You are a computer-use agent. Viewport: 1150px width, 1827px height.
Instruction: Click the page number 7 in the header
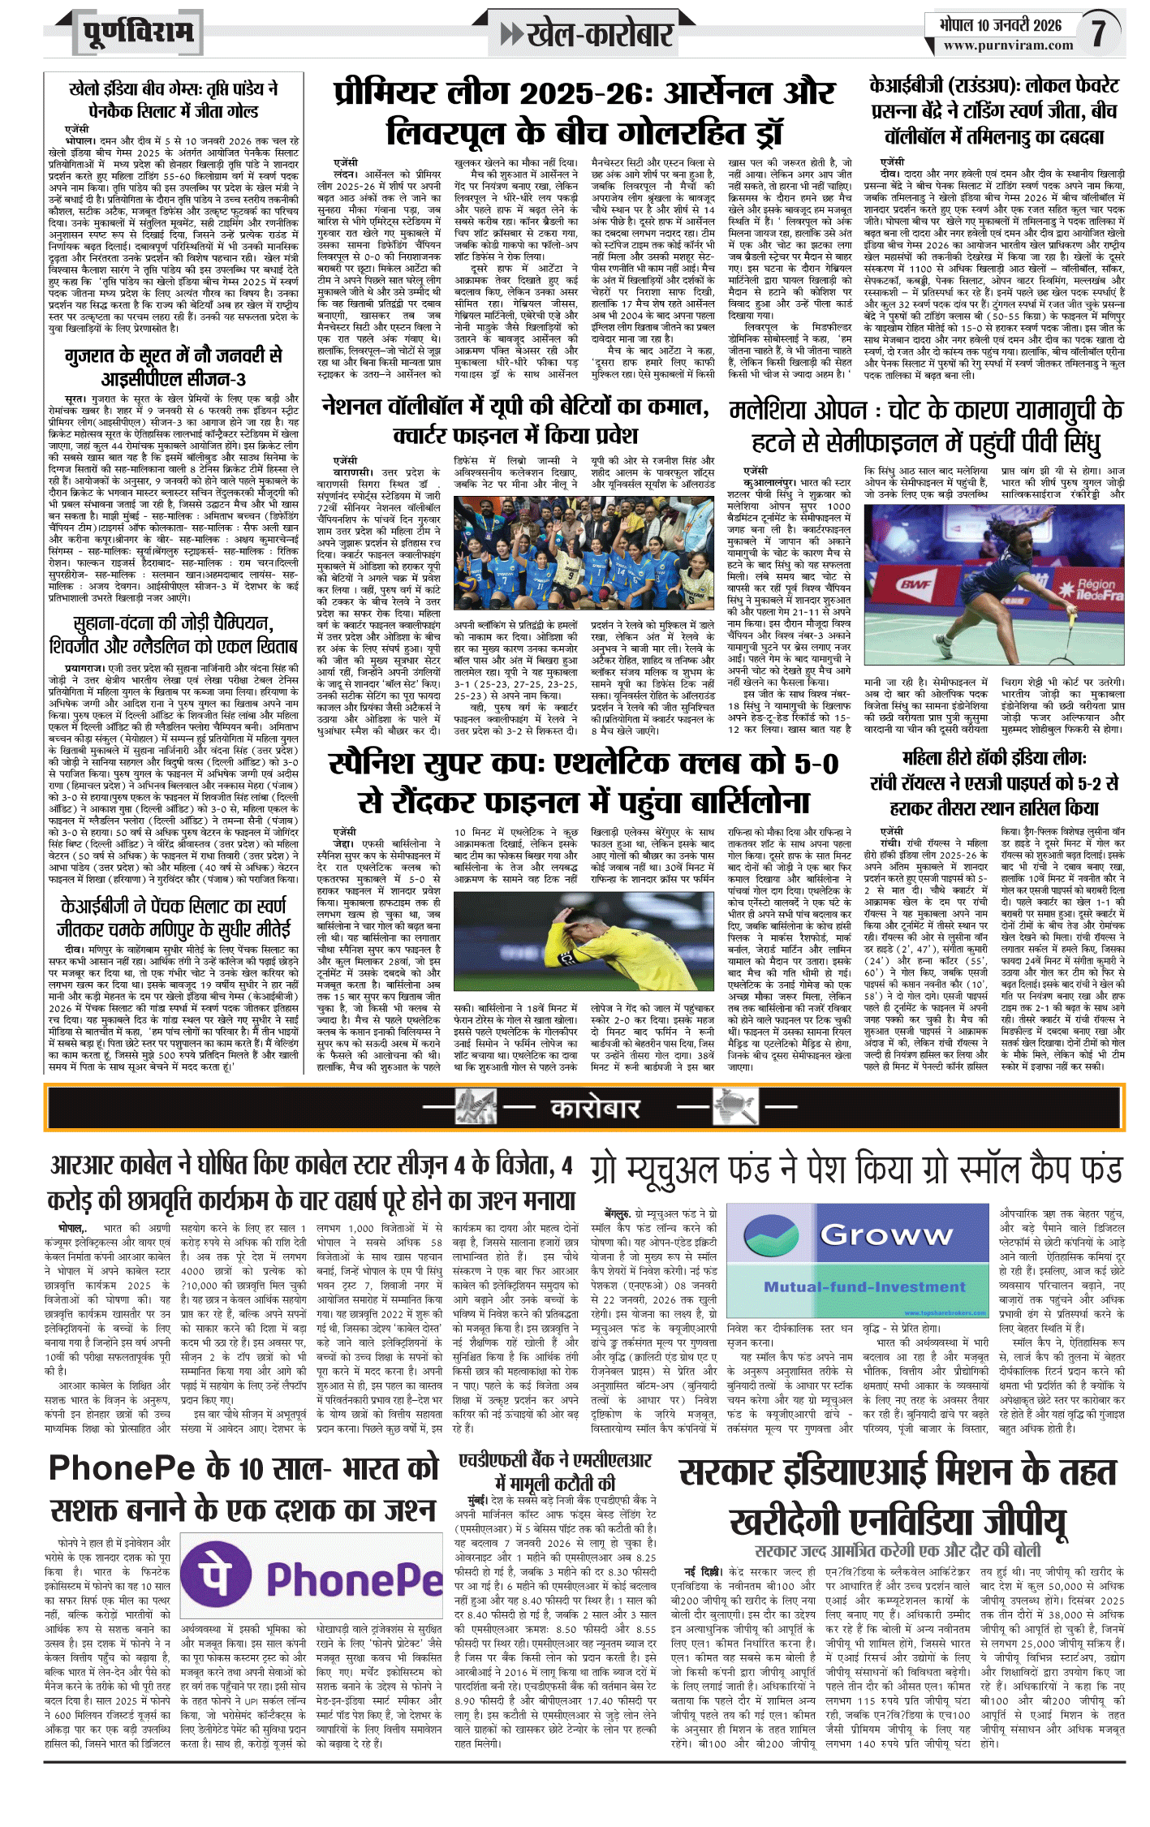[x=1098, y=32]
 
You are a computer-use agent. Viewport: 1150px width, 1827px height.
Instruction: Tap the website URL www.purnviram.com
[x=1008, y=46]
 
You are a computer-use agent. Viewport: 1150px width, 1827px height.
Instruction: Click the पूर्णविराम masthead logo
[x=138, y=32]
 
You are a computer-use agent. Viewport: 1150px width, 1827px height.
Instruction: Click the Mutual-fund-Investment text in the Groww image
[x=864, y=1286]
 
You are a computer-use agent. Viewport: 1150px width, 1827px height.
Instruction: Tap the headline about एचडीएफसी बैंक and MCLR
[x=555, y=1471]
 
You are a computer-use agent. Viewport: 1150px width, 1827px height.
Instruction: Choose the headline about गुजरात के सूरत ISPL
[x=174, y=367]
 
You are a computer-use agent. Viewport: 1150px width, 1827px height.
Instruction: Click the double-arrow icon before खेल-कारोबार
[x=511, y=34]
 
